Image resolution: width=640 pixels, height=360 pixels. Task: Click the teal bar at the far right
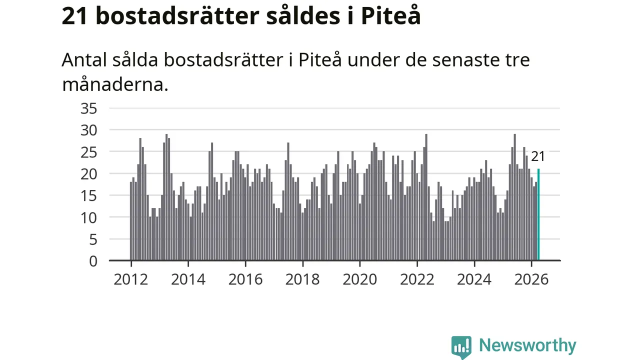pyautogui.click(x=538, y=214)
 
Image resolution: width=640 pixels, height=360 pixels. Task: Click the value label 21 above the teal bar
pyautogui.click(x=538, y=156)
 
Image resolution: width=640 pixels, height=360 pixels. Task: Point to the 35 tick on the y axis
pyautogui.click(x=89, y=108)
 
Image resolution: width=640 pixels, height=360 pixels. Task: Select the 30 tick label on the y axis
pyautogui.click(x=89, y=130)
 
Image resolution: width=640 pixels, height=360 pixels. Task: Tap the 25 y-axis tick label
pyautogui.click(x=89, y=152)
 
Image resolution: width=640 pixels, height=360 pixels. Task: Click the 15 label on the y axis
pyautogui.click(x=89, y=196)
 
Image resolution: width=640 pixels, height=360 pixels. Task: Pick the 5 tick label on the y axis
pyautogui.click(x=93, y=239)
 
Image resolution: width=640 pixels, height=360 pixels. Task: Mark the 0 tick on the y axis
pyautogui.click(x=93, y=261)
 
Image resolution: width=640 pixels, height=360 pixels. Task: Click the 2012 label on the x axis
pyautogui.click(x=131, y=279)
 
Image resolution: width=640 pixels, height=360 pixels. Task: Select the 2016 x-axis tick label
pyautogui.click(x=245, y=279)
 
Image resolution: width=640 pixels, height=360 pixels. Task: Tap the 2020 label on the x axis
pyautogui.click(x=359, y=279)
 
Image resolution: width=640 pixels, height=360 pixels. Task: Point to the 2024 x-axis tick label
pyautogui.click(x=474, y=279)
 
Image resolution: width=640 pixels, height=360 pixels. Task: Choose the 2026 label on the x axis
pyautogui.click(x=531, y=279)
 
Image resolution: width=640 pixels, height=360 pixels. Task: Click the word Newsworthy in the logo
pyautogui.click(x=527, y=346)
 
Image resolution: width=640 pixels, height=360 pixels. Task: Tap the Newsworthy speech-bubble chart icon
pyautogui.click(x=461, y=347)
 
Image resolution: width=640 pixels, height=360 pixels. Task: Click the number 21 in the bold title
pyautogui.click(x=74, y=16)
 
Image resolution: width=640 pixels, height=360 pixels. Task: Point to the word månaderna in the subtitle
pyautogui.click(x=115, y=85)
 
